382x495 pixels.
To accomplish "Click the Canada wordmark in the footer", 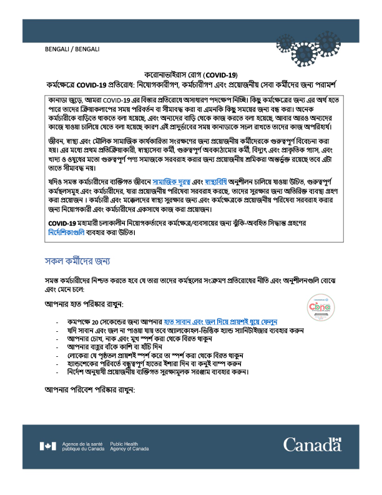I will pyautogui.click(x=311, y=446).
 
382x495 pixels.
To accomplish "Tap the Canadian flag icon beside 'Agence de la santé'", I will pyautogui.click(x=47, y=446).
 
